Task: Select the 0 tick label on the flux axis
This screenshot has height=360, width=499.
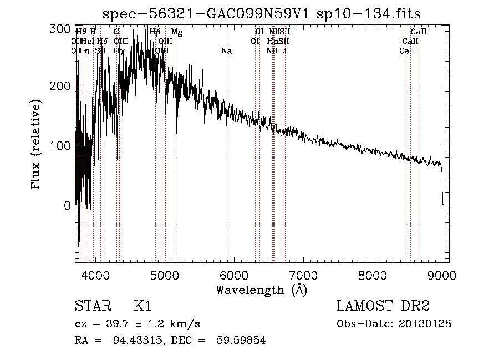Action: pyautogui.click(x=67, y=206)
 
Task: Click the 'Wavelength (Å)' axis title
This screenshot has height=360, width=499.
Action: pyautogui.click(x=261, y=290)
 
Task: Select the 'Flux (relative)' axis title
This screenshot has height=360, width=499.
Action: pyautogui.click(x=37, y=145)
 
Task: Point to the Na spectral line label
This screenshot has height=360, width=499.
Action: pyautogui.click(x=226, y=51)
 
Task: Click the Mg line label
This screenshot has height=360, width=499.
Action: pyautogui.click(x=176, y=32)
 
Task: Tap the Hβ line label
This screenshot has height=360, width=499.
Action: pyautogui.click(x=155, y=32)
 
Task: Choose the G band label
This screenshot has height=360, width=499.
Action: pyautogui.click(x=116, y=32)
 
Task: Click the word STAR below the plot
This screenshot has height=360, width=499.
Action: pyautogui.click(x=93, y=306)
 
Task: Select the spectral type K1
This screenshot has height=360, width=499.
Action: pyautogui.click(x=142, y=306)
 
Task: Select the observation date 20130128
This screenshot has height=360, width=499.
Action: pyautogui.click(x=424, y=324)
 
